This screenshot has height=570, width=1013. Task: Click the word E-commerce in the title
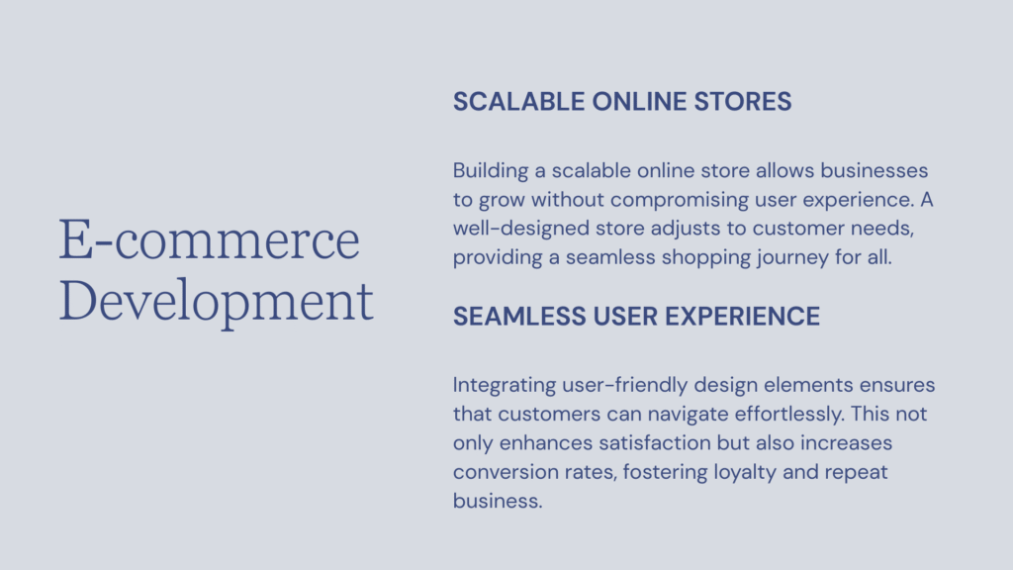click(x=210, y=239)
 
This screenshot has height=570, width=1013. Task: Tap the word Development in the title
click(x=217, y=301)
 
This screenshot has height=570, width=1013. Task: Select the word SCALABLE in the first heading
click(x=518, y=102)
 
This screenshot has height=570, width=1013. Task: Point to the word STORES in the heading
click(x=743, y=102)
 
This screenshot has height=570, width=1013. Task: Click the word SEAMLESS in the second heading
click(x=519, y=317)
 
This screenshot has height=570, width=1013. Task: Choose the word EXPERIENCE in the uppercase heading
click(x=742, y=317)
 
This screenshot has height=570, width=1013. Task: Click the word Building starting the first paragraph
click(x=491, y=171)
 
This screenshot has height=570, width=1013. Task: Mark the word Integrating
click(x=504, y=386)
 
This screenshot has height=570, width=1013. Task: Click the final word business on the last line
click(x=498, y=501)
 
